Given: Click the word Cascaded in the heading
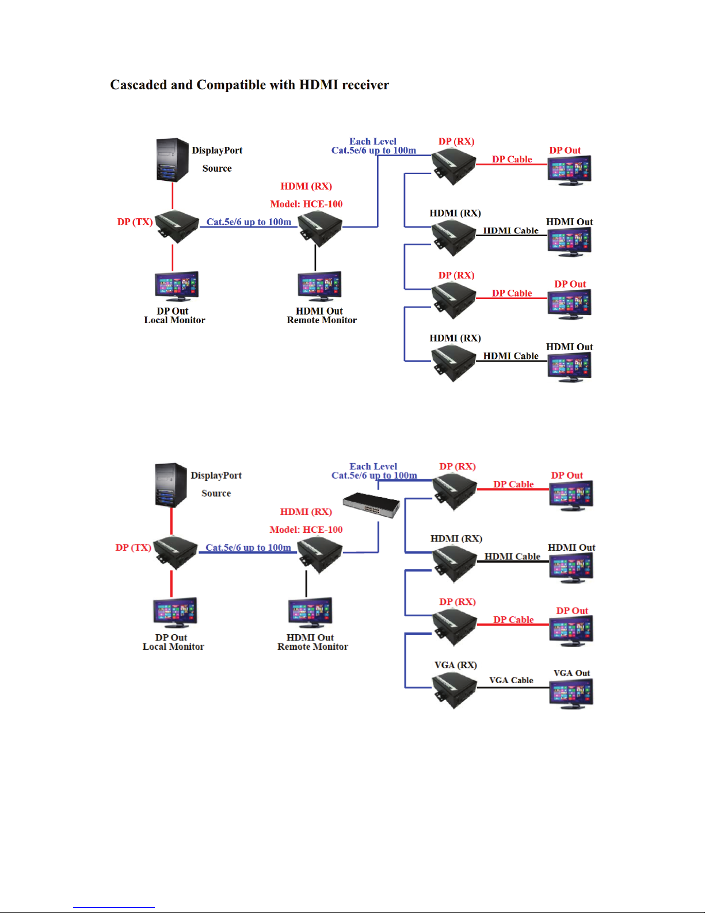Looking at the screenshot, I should click(x=139, y=85).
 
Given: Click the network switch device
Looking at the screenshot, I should click(x=371, y=505).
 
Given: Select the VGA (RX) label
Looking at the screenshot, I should click(x=455, y=665).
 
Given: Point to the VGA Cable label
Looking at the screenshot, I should click(x=511, y=680).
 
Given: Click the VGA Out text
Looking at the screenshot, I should click(x=571, y=673).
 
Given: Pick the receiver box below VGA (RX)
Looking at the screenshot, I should click(x=455, y=689).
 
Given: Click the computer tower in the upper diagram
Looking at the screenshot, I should click(x=173, y=160).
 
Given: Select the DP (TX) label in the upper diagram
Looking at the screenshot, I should click(x=135, y=222).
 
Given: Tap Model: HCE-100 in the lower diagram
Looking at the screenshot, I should click(x=306, y=530).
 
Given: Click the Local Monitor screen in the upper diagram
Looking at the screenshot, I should click(x=177, y=286).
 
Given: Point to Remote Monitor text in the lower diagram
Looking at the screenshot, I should click(x=313, y=647).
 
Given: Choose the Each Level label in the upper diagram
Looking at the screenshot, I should click(x=373, y=142).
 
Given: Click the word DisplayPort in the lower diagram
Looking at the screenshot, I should click(x=216, y=476).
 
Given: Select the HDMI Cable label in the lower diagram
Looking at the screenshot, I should click(x=512, y=556).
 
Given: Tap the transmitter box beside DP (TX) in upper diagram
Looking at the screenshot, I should click(x=176, y=226).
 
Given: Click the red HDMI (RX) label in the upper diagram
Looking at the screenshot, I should click(x=306, y=187).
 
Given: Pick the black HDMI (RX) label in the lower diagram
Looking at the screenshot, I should click(x=456, y=539).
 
